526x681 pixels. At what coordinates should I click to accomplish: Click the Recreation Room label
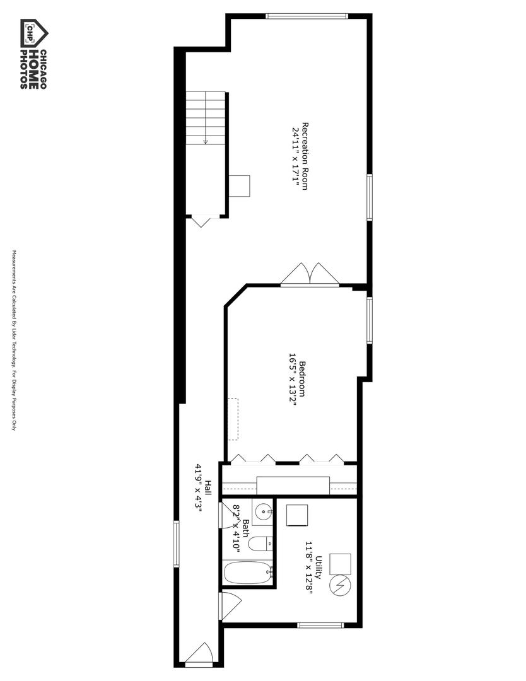305,156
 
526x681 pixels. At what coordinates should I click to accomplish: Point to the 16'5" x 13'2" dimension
293,379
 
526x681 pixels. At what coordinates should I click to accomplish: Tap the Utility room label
319,567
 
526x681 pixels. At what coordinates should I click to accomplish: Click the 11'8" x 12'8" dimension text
309,567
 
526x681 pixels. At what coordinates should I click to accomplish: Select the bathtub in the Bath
248,574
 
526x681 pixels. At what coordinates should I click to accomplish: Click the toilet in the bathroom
260,544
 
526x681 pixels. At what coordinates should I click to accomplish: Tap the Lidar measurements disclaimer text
13,340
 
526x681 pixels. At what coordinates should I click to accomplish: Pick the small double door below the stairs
201,221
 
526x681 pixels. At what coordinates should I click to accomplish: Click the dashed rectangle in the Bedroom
233,419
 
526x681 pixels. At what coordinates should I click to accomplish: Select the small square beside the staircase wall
239,186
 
